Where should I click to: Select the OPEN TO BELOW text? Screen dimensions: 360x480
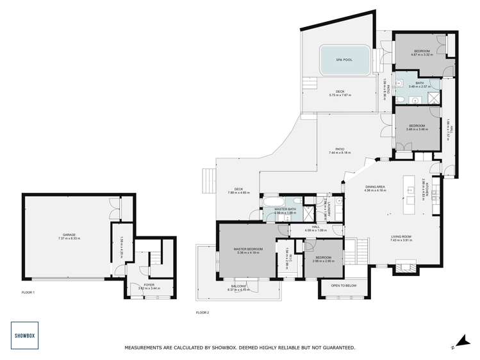344,285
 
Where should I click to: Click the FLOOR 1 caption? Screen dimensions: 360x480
28,292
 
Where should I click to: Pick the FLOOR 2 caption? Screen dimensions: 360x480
203,312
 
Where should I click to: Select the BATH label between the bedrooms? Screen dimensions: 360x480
419,83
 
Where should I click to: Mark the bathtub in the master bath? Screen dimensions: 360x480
268,206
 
